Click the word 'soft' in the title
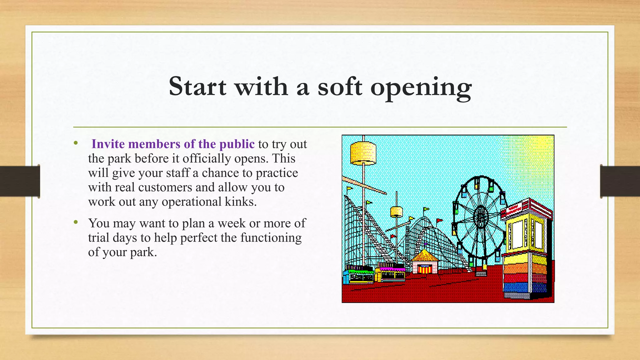340,87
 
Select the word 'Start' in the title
197,87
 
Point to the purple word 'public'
237,144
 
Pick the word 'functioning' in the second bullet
271,238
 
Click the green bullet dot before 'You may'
76,222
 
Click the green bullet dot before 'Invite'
76,143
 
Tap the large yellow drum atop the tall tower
363,153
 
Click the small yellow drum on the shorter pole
396,212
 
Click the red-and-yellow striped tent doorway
425,269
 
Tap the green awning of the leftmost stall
361,271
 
